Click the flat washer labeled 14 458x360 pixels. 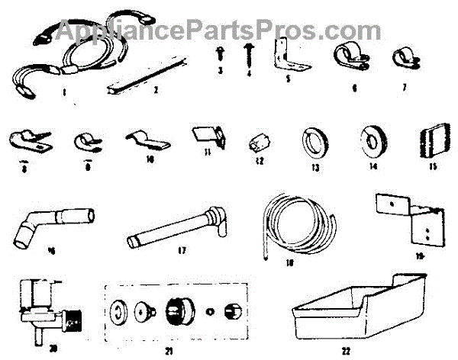375,141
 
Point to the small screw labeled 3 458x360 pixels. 218,53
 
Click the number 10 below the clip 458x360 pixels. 150,160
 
